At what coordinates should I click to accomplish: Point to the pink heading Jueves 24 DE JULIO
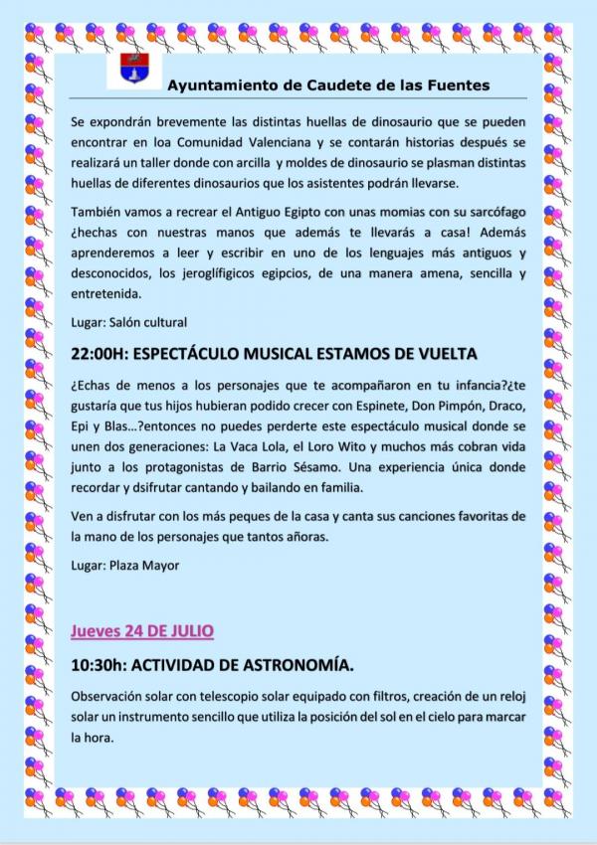coord(142,631)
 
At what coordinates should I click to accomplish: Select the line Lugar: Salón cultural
coord(129,322)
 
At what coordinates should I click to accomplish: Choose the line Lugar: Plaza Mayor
coord(122,566)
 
